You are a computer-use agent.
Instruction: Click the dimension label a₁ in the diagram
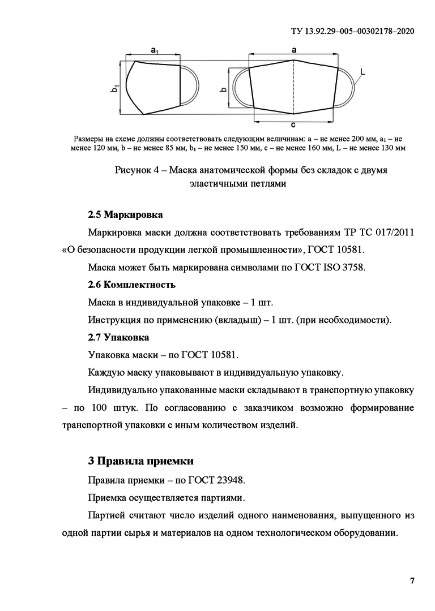click(155, 51)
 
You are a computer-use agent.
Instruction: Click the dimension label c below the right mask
click(293, 125)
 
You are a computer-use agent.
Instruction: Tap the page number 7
click(412, 581)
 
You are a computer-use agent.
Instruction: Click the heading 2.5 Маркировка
click(125, 215)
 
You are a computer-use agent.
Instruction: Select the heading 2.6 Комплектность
click(131, 285)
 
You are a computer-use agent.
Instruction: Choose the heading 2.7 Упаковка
click(118, 337)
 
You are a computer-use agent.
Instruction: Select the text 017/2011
click(393, 233)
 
